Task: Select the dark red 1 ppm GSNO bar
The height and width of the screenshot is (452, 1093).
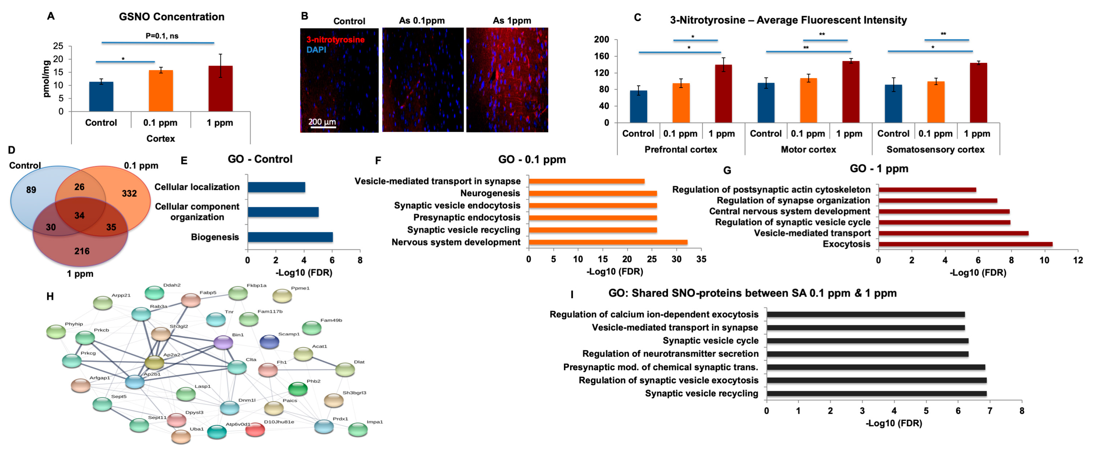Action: (220, 89)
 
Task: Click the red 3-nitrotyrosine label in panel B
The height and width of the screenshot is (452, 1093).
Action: (335, 40)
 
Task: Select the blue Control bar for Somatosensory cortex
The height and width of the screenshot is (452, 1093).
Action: (893, 103)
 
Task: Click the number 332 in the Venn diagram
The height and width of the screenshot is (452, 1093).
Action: (129, 193)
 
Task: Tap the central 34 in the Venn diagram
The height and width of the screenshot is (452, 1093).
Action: (79, 215)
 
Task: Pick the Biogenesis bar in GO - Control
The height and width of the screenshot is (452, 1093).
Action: (290, 237)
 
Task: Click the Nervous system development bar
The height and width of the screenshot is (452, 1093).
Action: (608, 242)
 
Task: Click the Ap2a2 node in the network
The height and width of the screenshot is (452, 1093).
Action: (154, 362)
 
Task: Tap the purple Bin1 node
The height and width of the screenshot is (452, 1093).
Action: (223, 342)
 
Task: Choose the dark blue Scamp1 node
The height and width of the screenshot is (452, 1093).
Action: (269, 341)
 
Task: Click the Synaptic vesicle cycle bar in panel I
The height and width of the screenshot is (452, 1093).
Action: (867, 341)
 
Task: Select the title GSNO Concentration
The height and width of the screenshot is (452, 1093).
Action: (171, 16)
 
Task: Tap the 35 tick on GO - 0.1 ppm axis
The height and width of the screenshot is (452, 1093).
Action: (701, 259)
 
